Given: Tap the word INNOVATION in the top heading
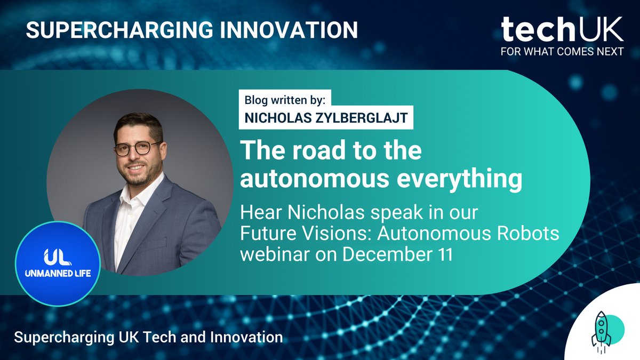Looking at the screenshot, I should click(275, 30).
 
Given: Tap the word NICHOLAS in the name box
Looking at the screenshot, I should click(272, 118).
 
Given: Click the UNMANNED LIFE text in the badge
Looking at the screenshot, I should click(57, 273).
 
